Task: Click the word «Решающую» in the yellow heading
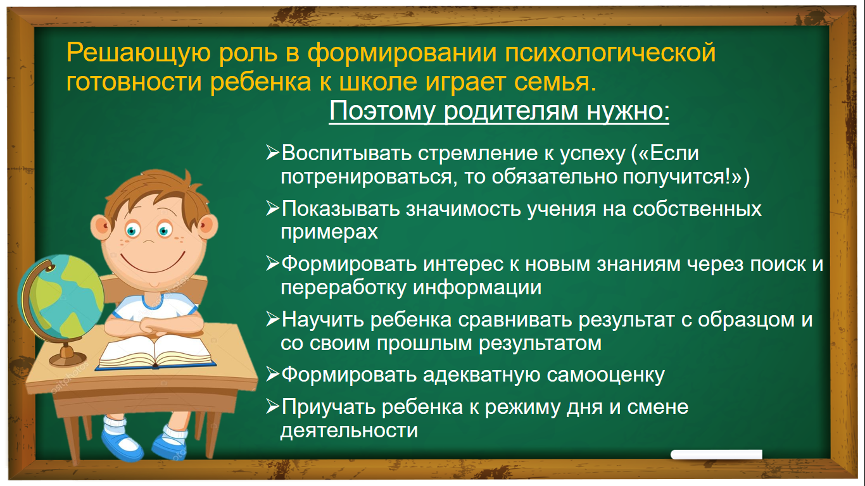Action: (138, 54)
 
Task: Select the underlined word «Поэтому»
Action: (382, 112)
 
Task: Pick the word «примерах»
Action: (329, 232)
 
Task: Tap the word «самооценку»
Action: (605, 375)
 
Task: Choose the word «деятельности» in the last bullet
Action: (349, 430)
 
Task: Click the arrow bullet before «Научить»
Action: (272, 320)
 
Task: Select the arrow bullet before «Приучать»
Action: (272, 407)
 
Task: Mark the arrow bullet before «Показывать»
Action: (272, 208)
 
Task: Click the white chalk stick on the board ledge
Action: (717, 454)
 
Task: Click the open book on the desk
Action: (155, 352)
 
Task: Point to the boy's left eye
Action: (165, 230)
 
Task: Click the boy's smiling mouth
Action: (152, 264)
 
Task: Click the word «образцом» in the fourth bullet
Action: (746, 320)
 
